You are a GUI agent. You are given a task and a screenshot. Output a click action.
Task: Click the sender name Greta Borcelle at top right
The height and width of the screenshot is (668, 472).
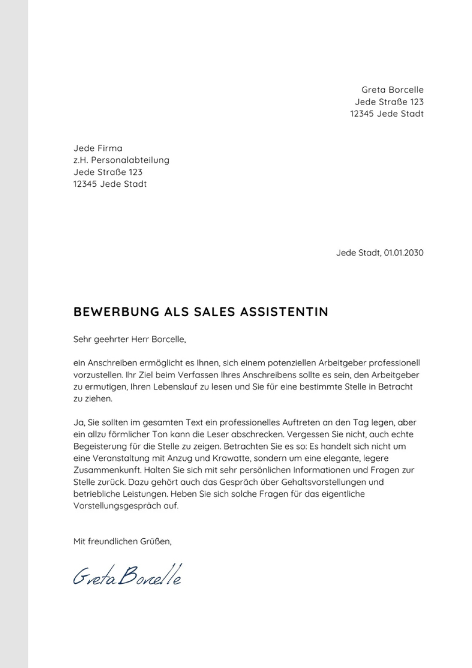point(392,90)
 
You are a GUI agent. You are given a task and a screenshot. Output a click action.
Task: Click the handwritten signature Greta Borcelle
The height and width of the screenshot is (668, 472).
point(127,576)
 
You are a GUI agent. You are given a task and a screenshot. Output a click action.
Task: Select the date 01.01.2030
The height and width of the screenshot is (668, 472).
point(403,252)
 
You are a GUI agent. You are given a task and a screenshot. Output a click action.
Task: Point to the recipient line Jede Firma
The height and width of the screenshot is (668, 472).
point(98,148)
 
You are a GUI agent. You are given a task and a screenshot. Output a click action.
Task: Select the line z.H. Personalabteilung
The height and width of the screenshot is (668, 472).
point(121,160)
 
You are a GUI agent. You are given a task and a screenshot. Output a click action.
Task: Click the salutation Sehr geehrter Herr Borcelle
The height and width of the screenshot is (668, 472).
point(129,339)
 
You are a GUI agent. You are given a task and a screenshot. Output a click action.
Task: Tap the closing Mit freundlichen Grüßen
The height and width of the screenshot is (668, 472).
point(123,541)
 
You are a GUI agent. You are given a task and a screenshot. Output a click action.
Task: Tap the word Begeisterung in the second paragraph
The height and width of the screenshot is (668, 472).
point(100,446)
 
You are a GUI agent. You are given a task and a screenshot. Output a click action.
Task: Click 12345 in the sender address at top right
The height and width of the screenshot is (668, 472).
point(362,114)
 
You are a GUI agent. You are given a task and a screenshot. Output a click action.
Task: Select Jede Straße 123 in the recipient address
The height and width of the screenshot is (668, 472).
point(108,172)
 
